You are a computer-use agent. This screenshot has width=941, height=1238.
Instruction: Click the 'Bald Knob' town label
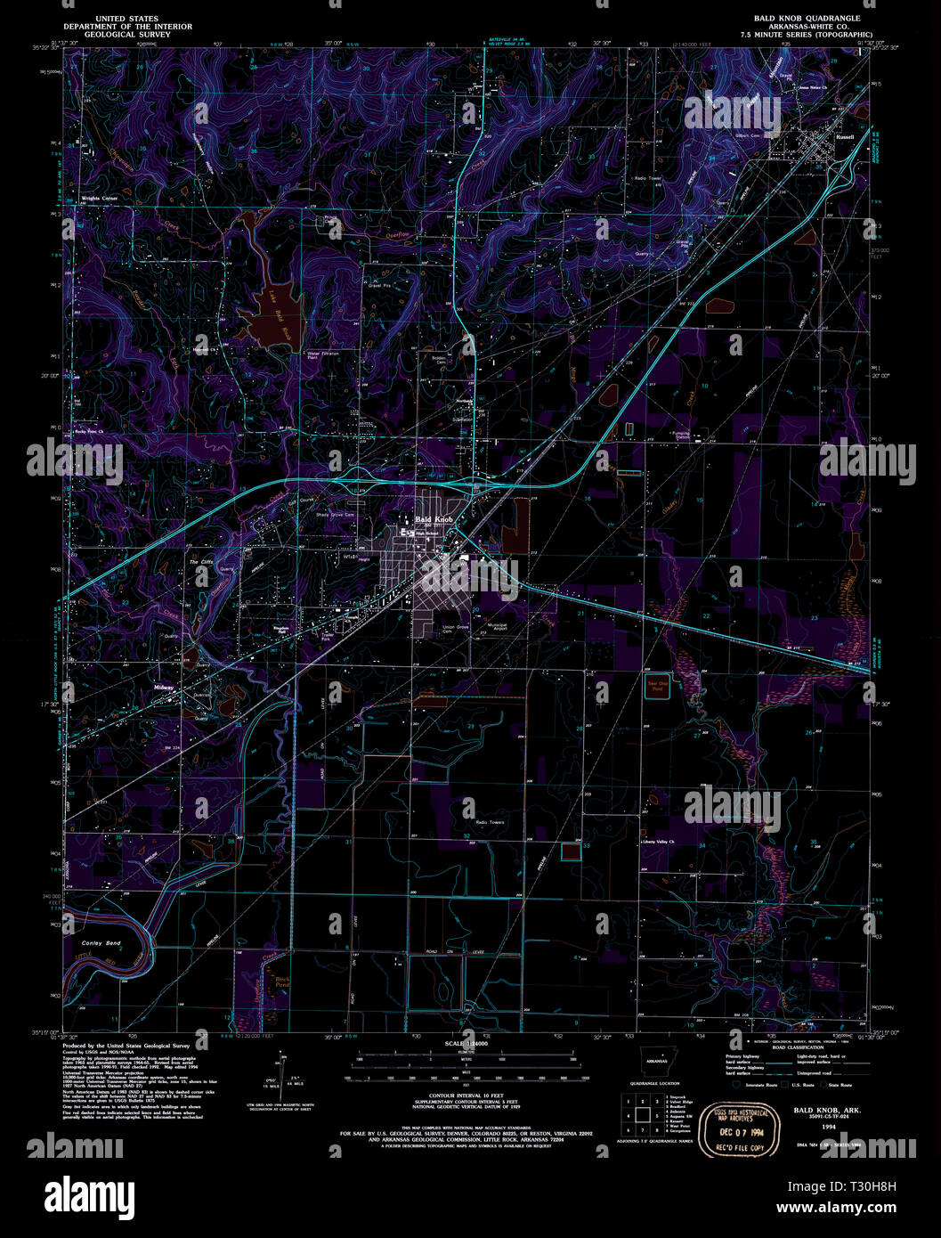[434, 518]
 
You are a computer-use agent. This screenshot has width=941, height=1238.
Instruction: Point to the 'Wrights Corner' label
[99, 198]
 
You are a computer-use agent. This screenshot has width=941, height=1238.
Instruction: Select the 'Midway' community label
[164, 688]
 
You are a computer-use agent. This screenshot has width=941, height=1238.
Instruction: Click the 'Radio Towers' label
[490, 822]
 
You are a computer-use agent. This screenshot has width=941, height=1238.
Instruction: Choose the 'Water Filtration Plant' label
[323, 354]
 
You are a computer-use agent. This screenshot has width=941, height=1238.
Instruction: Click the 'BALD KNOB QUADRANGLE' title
[807, 18]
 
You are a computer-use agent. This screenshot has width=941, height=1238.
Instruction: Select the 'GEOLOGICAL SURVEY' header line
[126, 35]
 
